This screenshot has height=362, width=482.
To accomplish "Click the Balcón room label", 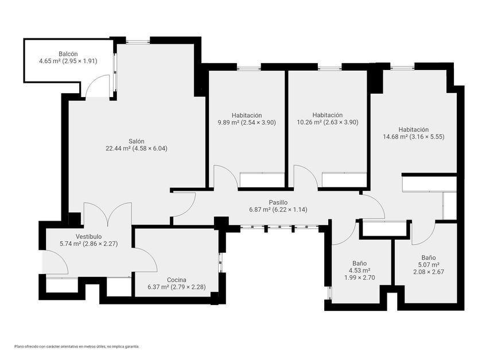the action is pos(68,54).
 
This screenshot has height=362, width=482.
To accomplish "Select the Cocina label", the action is pos(177,280).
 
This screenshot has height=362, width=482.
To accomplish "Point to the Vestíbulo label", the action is pos(88,236).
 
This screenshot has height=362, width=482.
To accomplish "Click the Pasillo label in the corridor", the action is pos(278,202).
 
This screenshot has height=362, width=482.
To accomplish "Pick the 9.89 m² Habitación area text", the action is pos(228,122).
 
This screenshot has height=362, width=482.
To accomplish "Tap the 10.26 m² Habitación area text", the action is pos(309,122).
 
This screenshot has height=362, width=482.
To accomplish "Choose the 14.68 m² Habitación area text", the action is pos(395,137).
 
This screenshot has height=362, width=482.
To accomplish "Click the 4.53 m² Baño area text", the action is pos(359,271).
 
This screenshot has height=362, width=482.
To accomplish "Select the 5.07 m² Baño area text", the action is pos(429,265).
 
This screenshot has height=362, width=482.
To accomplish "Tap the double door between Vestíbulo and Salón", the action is pos(108,213).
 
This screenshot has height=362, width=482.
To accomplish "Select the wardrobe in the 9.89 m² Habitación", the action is pos(262,180).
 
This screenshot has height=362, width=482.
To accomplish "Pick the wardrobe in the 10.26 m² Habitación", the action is pos(344,180).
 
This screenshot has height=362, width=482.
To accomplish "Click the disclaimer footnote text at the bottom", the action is pos(77,346).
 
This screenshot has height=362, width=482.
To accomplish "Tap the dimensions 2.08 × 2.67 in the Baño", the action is pos(429,272).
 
